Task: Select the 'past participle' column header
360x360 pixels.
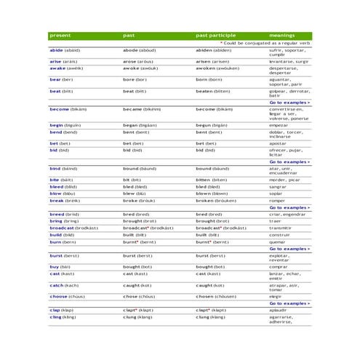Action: (215, 35)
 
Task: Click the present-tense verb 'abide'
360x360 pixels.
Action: (56, 50)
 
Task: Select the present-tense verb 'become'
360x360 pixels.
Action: (59, 109)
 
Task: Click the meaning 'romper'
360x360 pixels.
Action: (278, 201)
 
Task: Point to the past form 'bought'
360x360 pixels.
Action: (134, 267)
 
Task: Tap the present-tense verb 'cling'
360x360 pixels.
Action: (55, 317)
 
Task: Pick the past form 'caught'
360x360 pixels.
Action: (133, 286)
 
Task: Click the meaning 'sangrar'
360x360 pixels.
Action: (279, 186)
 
